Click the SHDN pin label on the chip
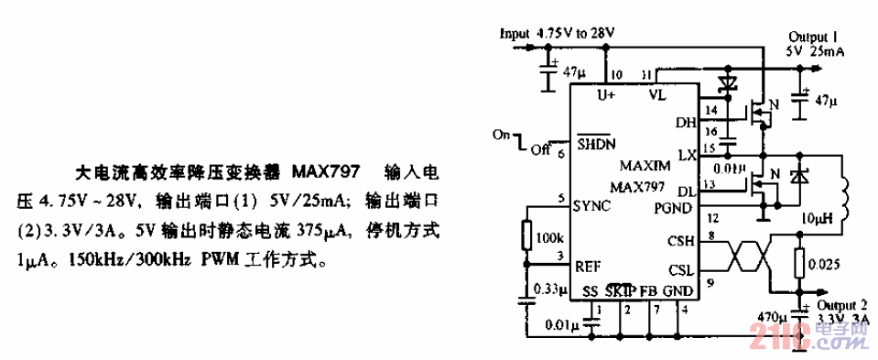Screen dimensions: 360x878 point(595,145)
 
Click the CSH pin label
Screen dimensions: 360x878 point(682,241)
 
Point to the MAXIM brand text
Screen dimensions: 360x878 point(645,165)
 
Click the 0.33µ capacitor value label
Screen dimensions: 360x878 point(549,289)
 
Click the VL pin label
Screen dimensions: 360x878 point(658,94)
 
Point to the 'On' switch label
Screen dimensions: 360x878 point(501,134)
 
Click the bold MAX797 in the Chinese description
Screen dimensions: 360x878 point(327,171)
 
